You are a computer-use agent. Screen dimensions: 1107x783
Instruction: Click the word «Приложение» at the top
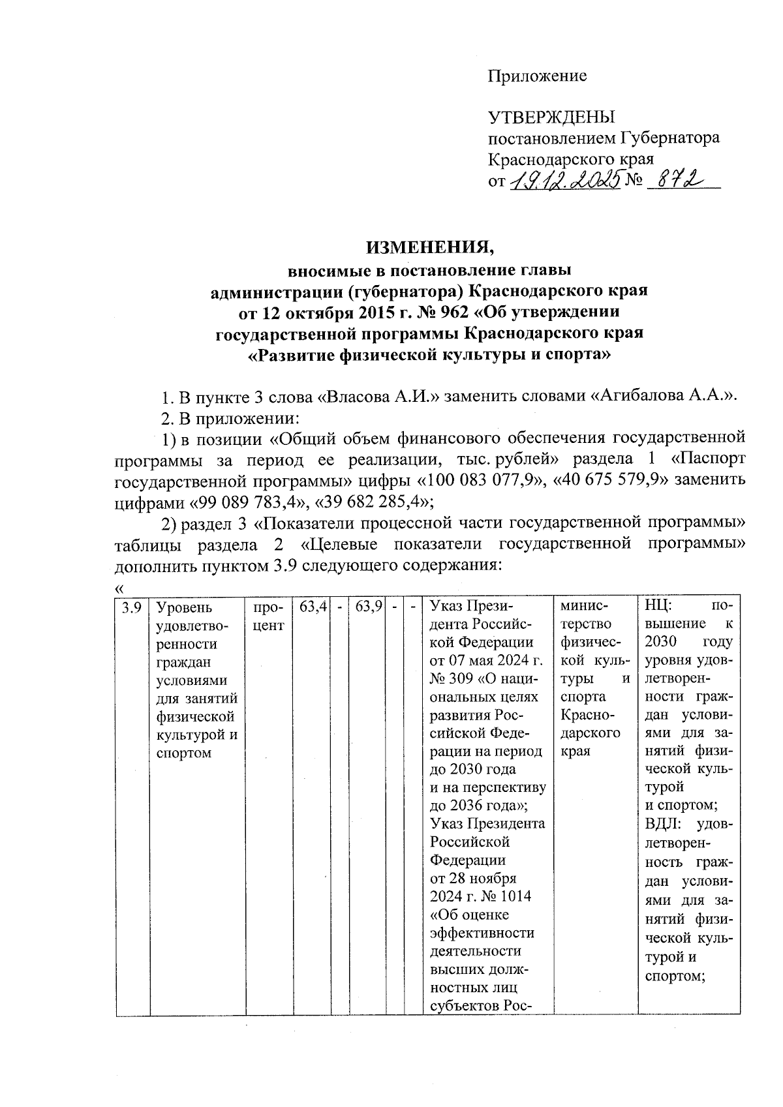click(538, 76)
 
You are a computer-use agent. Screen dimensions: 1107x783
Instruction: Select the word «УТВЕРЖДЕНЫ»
click(552, 117)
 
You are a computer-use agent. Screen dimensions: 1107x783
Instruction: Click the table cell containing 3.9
click(132, 608)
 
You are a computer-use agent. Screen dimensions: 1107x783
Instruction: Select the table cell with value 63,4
click(313, 608)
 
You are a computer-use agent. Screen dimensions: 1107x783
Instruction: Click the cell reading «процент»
click(268, 616)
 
